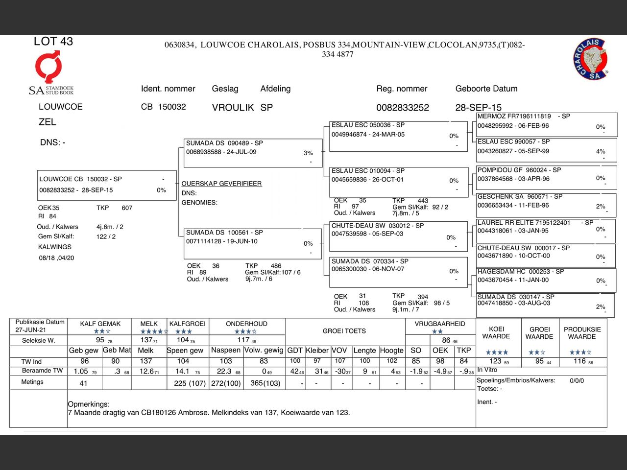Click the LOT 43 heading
click(53, 42)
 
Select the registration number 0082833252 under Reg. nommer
click(402, 108)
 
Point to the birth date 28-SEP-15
click(478, 108)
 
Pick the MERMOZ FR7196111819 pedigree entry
click(514, 117)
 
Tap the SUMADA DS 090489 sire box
click(224, 143)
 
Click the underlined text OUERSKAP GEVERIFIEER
click(221, 184)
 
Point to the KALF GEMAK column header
click(100, 324)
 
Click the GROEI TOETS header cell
click(344, 331)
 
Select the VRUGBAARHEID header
click(439, 324)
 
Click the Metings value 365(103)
click(265, 383)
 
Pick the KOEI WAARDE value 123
click(495, 361)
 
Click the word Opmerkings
click(89, 404)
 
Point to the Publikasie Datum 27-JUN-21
click(31, 330)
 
